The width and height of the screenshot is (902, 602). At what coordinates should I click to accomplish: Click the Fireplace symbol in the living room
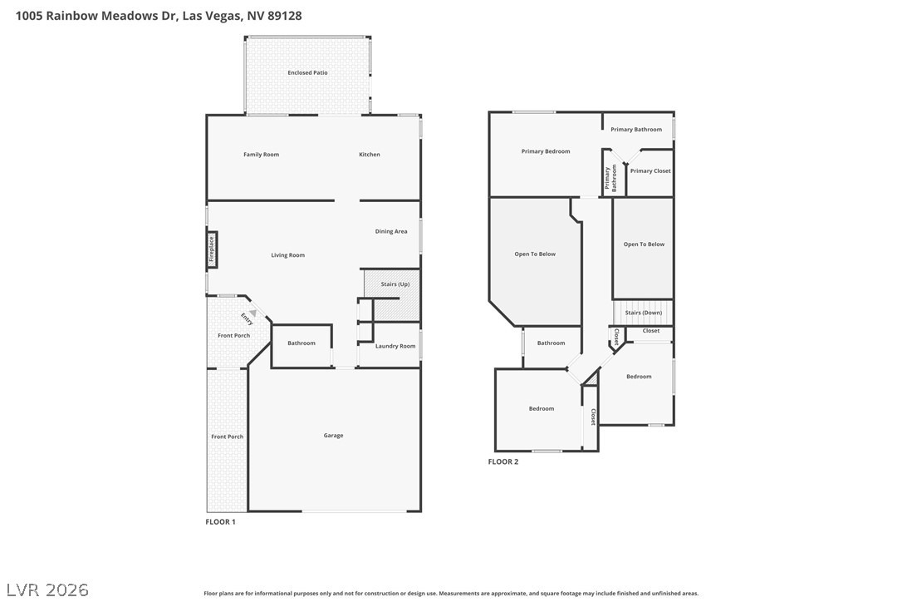tap(212, 250)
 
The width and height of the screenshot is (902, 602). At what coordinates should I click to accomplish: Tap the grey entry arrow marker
tap(252, 313)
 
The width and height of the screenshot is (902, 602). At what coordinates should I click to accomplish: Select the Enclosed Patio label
tap(308, 72)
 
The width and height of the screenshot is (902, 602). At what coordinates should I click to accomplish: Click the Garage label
tap(334, 436)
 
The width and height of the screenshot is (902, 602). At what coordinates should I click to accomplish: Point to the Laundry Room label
tap(395, 346)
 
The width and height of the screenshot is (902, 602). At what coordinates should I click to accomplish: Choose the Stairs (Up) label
tap(395, 284)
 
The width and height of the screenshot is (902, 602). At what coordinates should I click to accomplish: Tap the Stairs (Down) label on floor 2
tap(644, 313)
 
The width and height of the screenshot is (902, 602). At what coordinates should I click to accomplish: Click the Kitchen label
tap(370, 155)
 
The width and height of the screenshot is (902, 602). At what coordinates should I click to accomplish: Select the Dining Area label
tap(391, 232)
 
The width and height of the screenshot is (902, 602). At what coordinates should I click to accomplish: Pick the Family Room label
tap(261, 155)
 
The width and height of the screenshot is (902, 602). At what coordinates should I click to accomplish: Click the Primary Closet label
tap(650, 171)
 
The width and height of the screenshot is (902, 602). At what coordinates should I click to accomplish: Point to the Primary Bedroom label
tap(546, 151)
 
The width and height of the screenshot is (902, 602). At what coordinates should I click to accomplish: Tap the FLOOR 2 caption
tap(503, 461)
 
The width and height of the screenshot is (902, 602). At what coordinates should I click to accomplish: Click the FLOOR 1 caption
tap(220, 522)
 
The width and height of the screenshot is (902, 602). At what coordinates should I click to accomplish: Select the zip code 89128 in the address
tap(284, 16)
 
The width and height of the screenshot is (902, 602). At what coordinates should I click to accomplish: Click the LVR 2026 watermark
tap(47, 590)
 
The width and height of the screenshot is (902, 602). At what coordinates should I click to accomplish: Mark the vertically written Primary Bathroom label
tap(610, 179)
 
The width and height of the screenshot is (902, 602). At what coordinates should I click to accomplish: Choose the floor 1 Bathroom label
tap(301, 343)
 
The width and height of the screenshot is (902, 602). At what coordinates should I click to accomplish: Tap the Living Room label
tap(288, 255)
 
